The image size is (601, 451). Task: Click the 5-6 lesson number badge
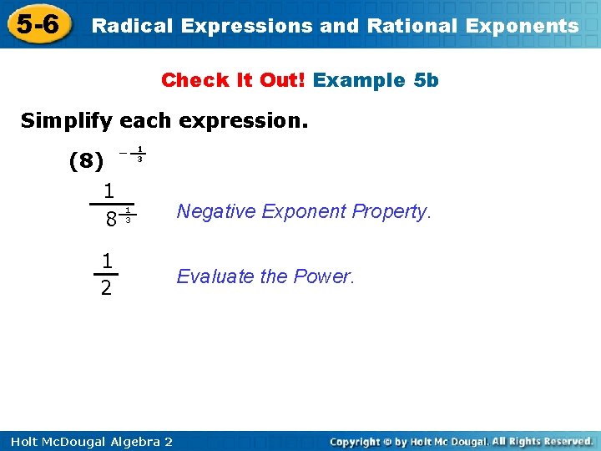click(36, 24)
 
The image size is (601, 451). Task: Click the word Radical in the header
click(132, 26)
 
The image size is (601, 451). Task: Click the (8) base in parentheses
click(86, 160)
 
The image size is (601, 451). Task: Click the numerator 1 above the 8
click(109, 190)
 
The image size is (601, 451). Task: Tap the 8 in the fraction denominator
click(110, 220)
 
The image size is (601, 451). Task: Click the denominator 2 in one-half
click(106, 289)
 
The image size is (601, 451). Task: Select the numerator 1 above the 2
click(106, 261)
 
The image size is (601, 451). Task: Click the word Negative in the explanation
click(216, 211)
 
